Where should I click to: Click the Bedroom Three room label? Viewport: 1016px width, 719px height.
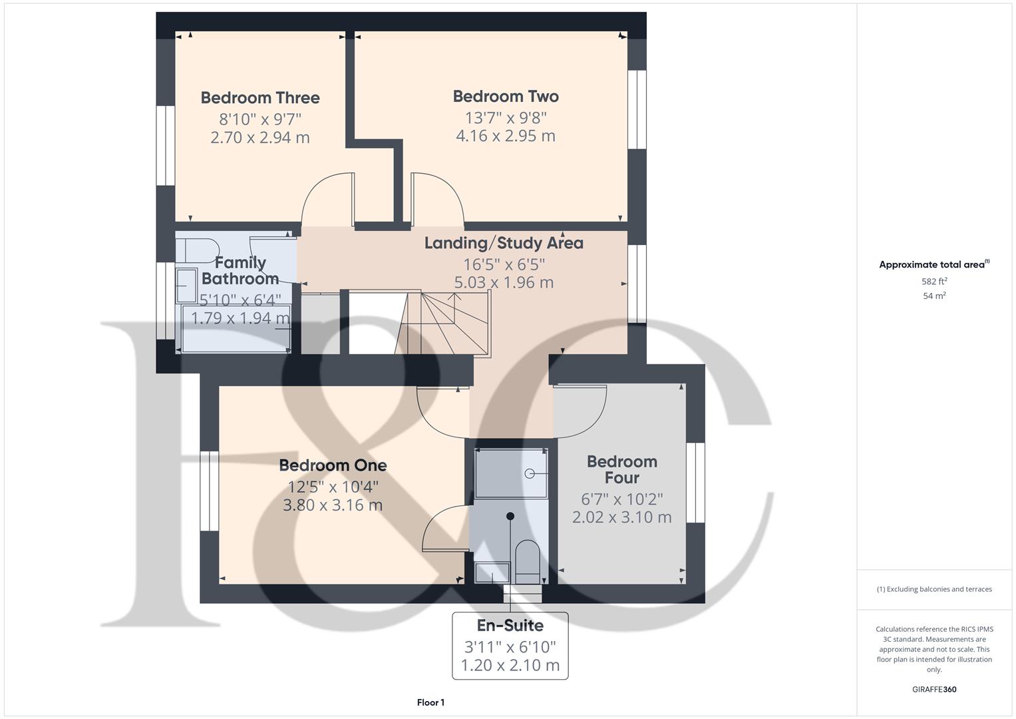pyautogui.click(x=260, y=98)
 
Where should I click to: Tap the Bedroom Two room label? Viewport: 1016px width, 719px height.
pyautogui.click(x=506, y=97)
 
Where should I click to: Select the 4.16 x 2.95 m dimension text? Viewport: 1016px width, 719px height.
pyautogui.click(x=506, y=136)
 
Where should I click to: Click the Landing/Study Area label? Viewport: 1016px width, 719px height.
pyautogui.click(x=504, y=243)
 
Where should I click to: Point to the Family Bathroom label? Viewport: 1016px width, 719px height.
pyautogui.click(x=240, y=270)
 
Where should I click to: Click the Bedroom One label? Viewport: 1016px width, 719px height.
pyautogui.click(x=333, y=465)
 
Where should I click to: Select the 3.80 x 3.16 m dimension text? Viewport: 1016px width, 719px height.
pyautogui.click(x=333, y=505)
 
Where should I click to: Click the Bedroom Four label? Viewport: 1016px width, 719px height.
pyautogui.click(x=622, y=469)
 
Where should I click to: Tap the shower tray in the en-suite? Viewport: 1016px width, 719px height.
pyautogui.click(x=511, y=473)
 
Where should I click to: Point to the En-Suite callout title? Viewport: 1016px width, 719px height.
pyautogui.click(x=510, y=626)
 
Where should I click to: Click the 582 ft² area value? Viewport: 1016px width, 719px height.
pyautogui.click(x=934, y=282)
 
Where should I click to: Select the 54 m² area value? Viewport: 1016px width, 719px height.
pyautogui.click(x=934, y=296)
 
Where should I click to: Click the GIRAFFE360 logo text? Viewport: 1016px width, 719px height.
pyautogui.click(x=934, y=689)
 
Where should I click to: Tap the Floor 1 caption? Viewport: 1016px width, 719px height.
pyautogui.click(x=430, y=702)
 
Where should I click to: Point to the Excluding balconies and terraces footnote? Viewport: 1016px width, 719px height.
pyautogui.click(x=934, y=589)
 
